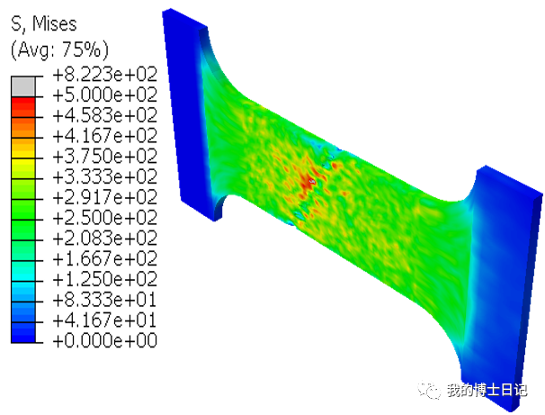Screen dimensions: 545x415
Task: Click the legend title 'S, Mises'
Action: [44, 24]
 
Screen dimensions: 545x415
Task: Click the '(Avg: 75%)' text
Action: [59, 50]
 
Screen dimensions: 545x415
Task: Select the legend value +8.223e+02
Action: [105, 75]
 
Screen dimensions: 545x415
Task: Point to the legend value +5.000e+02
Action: [105, 95]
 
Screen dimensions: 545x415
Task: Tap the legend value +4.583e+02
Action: [105, 115]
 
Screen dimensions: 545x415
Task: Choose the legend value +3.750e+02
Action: [105, 157]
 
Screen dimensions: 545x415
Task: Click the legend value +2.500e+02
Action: [105, 218]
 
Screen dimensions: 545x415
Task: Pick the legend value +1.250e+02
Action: [105, 279]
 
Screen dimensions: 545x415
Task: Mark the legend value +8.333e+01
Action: [105, 300]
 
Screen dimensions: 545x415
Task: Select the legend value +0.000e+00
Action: [105, 340]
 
